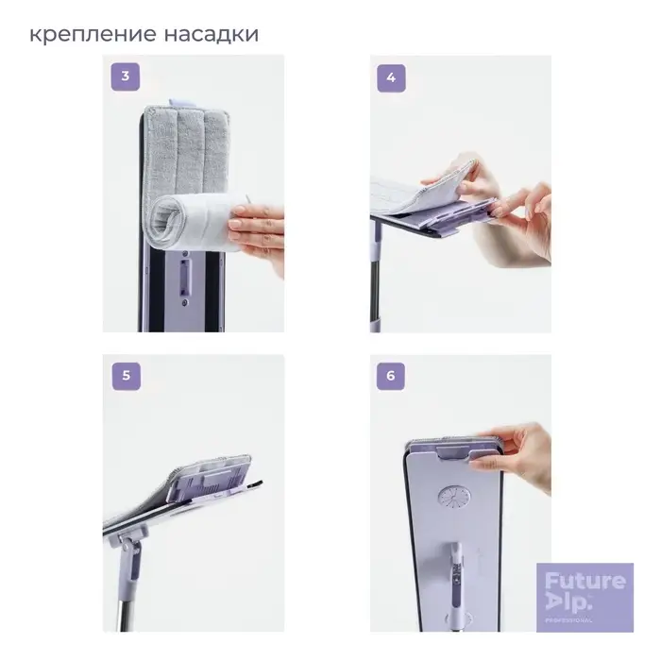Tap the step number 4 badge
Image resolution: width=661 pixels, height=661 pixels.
click(x=391, y=77)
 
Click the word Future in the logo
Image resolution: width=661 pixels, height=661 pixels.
click(x=585, y=581)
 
